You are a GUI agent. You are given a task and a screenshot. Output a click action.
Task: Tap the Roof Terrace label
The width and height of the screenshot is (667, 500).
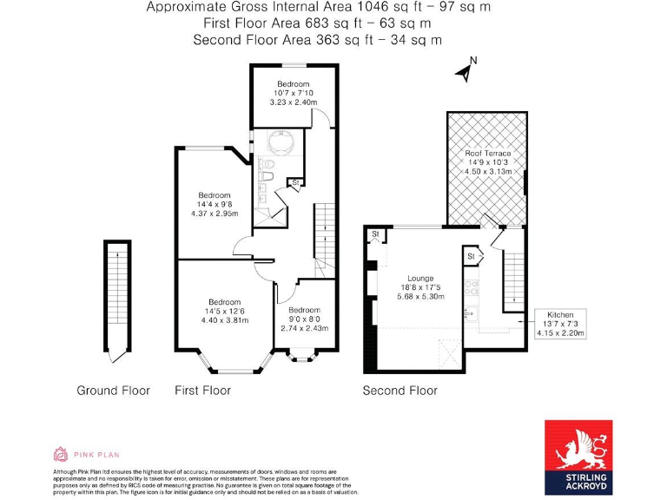(x=486, y=162)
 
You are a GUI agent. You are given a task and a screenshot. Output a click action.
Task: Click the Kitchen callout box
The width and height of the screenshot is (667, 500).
(x=561, y=322)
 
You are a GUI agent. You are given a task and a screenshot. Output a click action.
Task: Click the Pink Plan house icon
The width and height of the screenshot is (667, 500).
(x=61, y=453)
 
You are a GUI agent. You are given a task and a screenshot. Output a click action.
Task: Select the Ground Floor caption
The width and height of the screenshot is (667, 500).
(x=113, y=391)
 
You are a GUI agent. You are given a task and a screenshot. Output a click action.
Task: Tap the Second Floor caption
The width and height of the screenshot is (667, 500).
(x=400, y=391)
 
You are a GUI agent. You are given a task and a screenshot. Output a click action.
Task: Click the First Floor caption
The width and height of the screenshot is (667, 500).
(x=202, y=391)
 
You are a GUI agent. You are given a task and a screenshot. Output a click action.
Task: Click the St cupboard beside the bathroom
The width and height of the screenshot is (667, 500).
(x=296, y=182)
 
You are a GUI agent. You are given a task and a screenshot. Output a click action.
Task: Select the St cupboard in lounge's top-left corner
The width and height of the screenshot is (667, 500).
(x=375, y=235)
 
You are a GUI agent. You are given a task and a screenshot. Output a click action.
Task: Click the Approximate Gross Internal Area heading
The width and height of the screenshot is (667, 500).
(x=317, y=7)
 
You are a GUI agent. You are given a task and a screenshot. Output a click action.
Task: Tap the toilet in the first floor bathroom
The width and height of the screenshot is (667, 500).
(x=268, y=177)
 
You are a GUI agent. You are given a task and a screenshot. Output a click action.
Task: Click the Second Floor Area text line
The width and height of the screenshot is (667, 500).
(x=317, y=40)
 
